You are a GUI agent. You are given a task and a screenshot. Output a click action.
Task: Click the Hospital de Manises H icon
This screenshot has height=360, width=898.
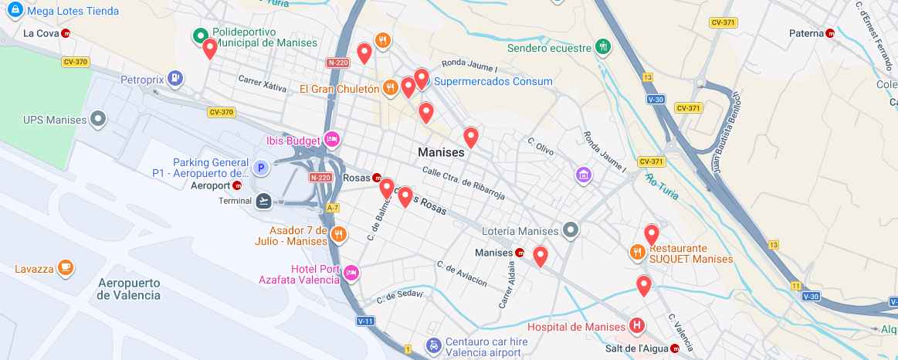tap(637, 325)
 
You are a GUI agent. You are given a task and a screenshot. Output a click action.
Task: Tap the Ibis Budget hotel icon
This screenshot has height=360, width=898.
tap(333, 139)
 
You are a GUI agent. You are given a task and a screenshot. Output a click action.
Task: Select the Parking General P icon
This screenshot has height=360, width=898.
tap(261, 167)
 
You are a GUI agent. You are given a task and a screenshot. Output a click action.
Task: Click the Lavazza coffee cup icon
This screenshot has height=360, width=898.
tap(66, 269)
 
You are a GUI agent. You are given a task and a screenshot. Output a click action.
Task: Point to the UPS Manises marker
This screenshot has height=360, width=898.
tap(98, 120)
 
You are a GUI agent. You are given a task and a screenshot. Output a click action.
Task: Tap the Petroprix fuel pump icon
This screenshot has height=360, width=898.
tap(177, 77)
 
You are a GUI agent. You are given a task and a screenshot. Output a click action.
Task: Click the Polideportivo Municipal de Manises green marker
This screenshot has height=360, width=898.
tap(200, 35)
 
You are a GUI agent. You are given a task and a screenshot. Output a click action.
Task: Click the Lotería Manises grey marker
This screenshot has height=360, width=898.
tap(571, 230)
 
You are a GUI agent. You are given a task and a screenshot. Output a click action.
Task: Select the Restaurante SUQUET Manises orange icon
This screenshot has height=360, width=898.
tap(637, 250)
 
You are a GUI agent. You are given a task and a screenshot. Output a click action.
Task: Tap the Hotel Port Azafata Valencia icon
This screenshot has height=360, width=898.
tap(351, 272)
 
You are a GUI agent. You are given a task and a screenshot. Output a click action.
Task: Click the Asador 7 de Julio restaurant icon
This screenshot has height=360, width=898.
tap(338, 233)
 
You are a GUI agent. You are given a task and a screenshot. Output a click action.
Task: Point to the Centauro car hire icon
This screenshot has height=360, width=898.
tap(434, 345)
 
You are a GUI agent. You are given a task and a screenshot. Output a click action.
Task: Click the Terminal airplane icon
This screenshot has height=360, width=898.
tap(264, 201)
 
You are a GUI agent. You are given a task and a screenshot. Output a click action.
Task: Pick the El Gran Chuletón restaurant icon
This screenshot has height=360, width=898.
tap(391, 88)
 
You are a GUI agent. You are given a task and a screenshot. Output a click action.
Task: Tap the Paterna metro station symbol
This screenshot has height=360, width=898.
tap(830, 33)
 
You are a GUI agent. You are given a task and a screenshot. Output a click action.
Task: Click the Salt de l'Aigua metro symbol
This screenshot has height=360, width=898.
tap(676, 348)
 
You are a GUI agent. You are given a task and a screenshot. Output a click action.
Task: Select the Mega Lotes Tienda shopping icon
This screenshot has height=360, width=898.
tap(12, 11)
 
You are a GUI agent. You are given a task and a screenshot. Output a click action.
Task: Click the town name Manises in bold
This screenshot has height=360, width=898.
tap(441, 152)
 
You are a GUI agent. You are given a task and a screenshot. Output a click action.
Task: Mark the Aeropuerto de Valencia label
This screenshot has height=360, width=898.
tap(129, 288)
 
